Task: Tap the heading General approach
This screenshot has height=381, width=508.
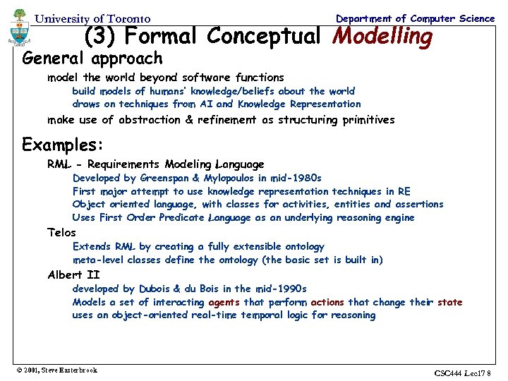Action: pos(92,58)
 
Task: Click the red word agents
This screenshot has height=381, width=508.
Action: pos(225,302)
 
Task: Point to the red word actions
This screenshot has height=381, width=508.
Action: pos(327,302)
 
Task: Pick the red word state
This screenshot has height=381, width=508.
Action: pos(449,302)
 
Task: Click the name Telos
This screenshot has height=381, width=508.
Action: pos(61,232)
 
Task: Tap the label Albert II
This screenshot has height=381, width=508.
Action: pos(73,274)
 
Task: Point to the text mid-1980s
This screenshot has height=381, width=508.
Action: pos(296,179)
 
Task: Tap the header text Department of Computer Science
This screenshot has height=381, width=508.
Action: pos(416,18)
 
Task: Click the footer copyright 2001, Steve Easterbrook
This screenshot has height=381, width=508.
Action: pos(56,370)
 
